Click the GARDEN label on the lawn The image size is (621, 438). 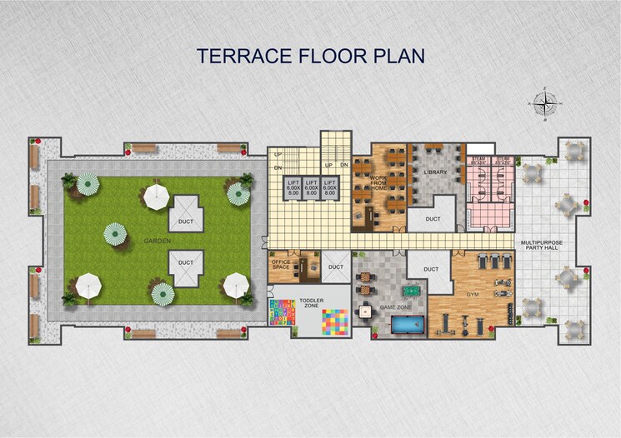coord(157,241)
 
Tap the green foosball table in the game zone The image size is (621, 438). coord(412,292)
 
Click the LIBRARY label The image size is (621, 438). coord(435,172)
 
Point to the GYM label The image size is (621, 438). coord(472,295)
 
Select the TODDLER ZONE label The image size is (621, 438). coord(310,303)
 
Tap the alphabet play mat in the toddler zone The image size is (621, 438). coord(282,314)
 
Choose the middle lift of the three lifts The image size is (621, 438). coord(311,188)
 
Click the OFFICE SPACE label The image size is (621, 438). coord(280,265)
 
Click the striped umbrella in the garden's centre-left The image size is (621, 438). coord(114,234)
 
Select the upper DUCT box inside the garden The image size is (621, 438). coord(186,220)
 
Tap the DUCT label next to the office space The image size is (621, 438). coord(335,266)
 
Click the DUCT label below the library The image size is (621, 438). coord(433,219)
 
